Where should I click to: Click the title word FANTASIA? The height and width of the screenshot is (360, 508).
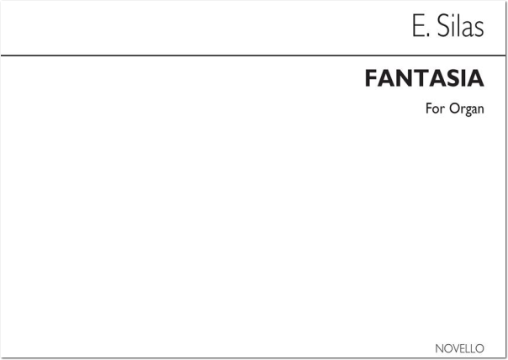(x=425, y=78)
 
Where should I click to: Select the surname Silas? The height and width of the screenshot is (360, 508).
(x=461, y=26)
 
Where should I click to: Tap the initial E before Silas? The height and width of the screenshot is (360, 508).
(x=418, y=26)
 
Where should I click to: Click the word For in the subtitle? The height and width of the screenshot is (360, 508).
(x=435, y=109)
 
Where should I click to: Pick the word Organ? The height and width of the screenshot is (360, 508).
(x=467, y=109)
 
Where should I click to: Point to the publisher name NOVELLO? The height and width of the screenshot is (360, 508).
(x=460, y=348)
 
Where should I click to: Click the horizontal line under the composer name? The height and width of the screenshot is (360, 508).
(x=253, y=56)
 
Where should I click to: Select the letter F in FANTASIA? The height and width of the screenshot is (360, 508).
(x=372, y=78)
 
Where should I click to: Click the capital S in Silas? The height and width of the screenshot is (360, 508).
(x=444, y=26)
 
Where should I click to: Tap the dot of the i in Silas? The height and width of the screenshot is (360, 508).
(x=454, y=18)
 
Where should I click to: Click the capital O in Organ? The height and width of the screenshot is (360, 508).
(x=454, y=109)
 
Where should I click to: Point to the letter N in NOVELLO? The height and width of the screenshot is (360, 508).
(x=440, y=348)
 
